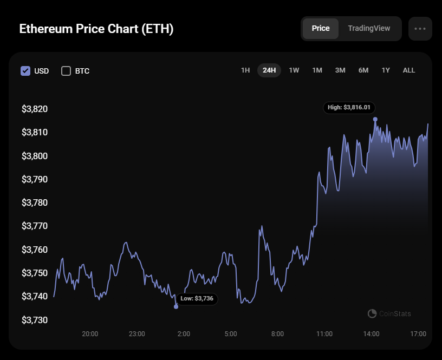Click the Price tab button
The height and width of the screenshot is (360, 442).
point(321,29)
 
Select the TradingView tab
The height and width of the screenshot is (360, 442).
point(369,29)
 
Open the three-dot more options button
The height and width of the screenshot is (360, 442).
point(420,29)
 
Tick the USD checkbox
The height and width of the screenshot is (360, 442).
point(25,71)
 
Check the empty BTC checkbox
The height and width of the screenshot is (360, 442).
point(66,71)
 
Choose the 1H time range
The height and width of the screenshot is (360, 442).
point(245,70)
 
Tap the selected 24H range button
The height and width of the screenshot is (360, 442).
point(269,70)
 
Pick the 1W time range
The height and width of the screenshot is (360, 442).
point(294,70)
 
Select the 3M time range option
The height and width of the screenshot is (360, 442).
point(340,70)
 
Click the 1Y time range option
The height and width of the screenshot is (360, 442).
point(386,70)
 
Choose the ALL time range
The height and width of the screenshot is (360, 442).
point(409,70)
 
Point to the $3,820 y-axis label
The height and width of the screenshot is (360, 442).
point(35,109)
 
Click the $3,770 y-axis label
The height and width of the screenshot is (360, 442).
point(35,226)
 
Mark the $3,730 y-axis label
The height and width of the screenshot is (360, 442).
point(35,320)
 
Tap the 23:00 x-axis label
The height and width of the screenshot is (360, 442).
point(137,334)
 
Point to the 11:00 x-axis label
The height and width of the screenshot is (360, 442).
point(324,334)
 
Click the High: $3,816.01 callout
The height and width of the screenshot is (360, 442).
point(349,108)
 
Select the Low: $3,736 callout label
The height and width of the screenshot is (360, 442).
point(197,298)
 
